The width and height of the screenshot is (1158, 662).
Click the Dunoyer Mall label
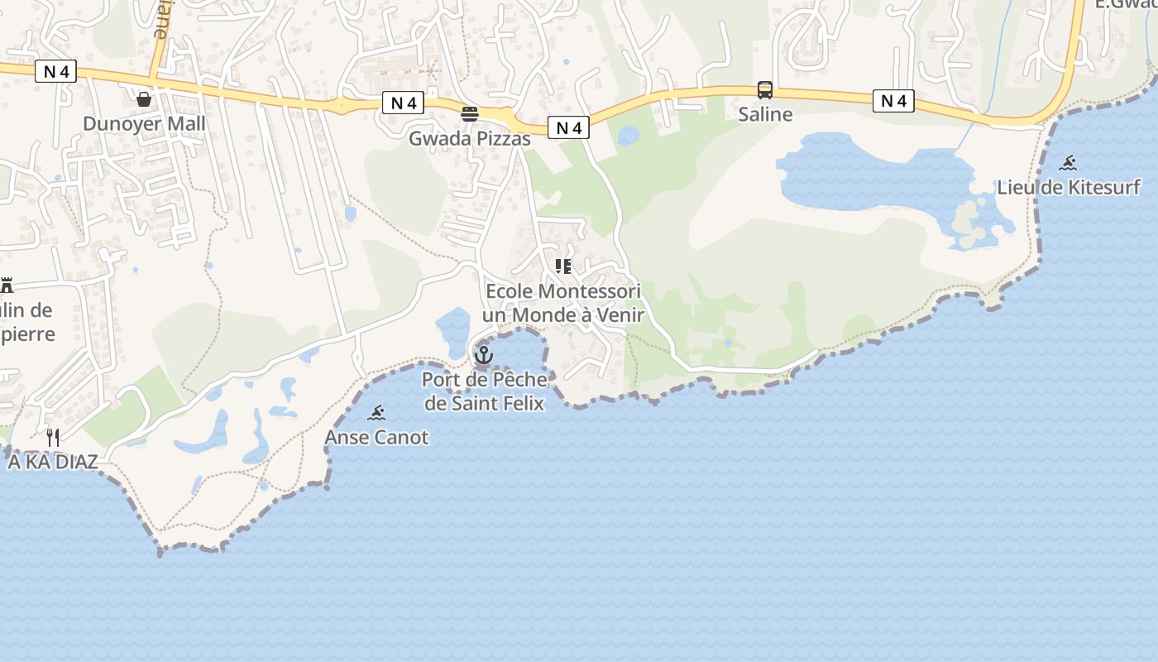(144, 123)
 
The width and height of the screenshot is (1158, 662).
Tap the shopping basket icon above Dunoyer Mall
(144, 99)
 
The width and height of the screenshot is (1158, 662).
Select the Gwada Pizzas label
(470, 138)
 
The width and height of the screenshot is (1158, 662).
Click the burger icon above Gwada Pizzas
(470, 113)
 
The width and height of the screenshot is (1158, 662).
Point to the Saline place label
(765, 114)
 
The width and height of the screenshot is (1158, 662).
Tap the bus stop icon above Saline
(765, 90)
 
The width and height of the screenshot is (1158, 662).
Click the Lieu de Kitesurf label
(1069, 187)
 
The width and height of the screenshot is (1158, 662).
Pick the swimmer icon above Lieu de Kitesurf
(1069, 163)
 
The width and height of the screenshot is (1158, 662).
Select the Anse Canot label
(377, 437)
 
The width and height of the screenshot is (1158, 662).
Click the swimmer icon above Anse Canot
(377, 413)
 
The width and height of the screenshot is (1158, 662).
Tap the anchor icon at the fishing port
(484, 356)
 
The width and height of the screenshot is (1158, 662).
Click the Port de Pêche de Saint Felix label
(484, 391)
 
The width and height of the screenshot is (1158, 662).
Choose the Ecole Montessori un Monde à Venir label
(563, 303)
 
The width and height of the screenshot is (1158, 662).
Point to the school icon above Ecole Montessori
(563, 266)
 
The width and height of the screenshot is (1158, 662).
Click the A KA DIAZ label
(53, 462)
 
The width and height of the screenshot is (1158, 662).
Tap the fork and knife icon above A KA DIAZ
(53, 437)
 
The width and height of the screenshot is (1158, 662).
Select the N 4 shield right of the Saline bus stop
(893, 101)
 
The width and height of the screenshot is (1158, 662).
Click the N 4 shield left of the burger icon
(403, 103)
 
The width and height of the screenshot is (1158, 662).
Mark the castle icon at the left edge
(7, 285)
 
